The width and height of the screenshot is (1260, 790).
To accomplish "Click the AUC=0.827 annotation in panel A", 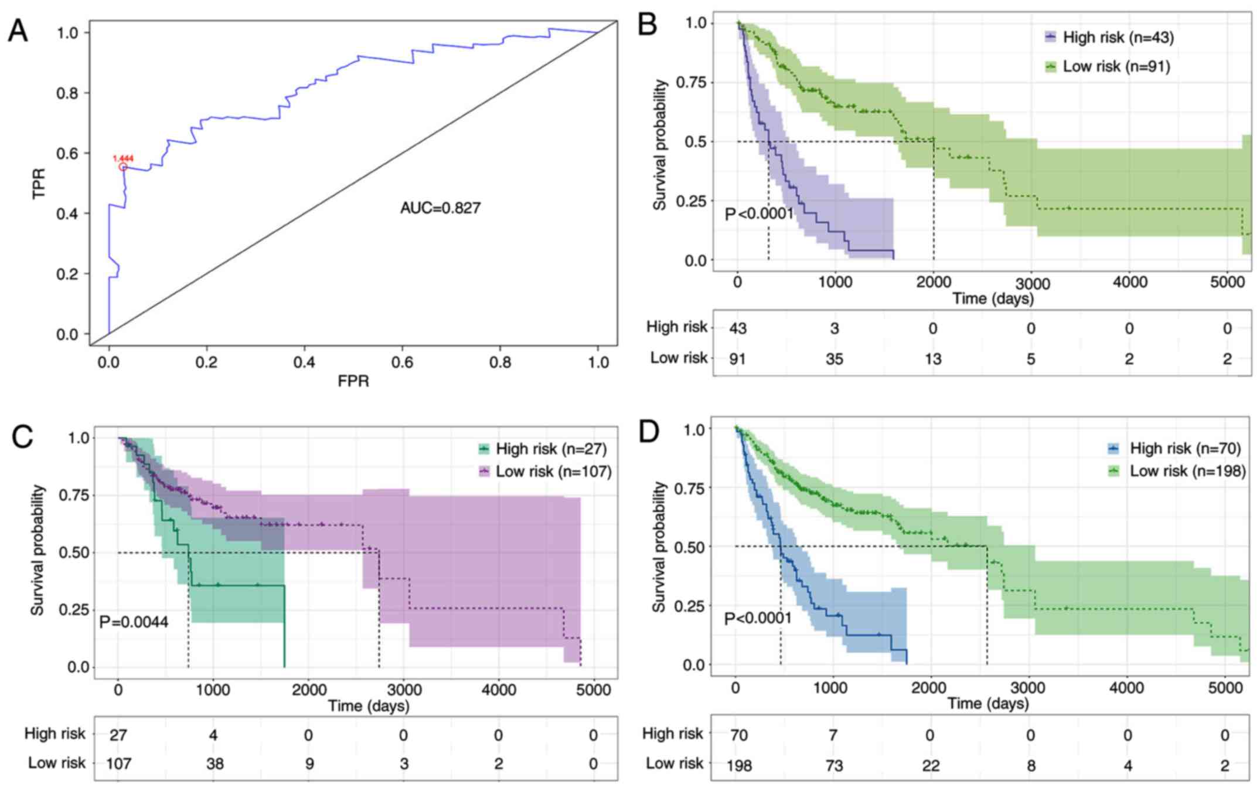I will click(x=440, y=208).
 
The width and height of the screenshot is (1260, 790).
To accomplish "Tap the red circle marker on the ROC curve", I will click(x=123, y=167).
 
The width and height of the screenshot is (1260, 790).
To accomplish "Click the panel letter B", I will click(x=647, y=25).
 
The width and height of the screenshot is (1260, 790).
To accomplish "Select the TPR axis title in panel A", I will click(x=39, y=183).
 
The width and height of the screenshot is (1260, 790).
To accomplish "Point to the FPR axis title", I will click(x=353, y=381).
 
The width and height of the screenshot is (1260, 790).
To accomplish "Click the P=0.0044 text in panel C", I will click(x=134, y=622).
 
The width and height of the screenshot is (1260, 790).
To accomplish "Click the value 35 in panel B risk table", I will click(x=835, y=358).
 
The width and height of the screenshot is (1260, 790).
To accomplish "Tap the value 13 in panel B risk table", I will click(x=933, y=358).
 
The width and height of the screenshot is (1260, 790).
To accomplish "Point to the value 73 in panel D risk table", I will click(x=834, y=765).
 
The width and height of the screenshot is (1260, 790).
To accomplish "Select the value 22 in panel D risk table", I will click(x=931, y=765).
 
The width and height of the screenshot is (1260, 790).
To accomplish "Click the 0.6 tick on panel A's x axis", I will click(x=402, y=362).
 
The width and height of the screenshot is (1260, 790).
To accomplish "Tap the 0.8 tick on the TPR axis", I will click(x=68, y=93).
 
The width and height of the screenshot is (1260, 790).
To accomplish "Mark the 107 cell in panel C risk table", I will click(x=118, y=764).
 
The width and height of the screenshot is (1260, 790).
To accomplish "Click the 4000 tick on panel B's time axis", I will click(x=1129, y=282).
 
